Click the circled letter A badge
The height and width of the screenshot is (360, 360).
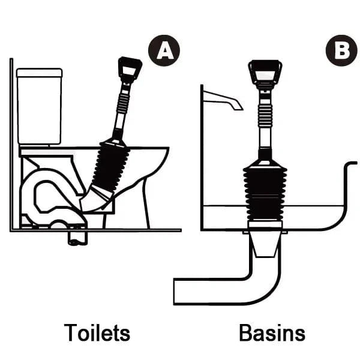(164, 51)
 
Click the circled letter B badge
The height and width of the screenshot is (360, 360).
(341, 51)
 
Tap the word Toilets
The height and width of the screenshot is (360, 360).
(97, 332)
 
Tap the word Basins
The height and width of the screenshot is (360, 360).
(271, 332)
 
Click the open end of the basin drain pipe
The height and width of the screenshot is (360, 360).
(175, 291)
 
